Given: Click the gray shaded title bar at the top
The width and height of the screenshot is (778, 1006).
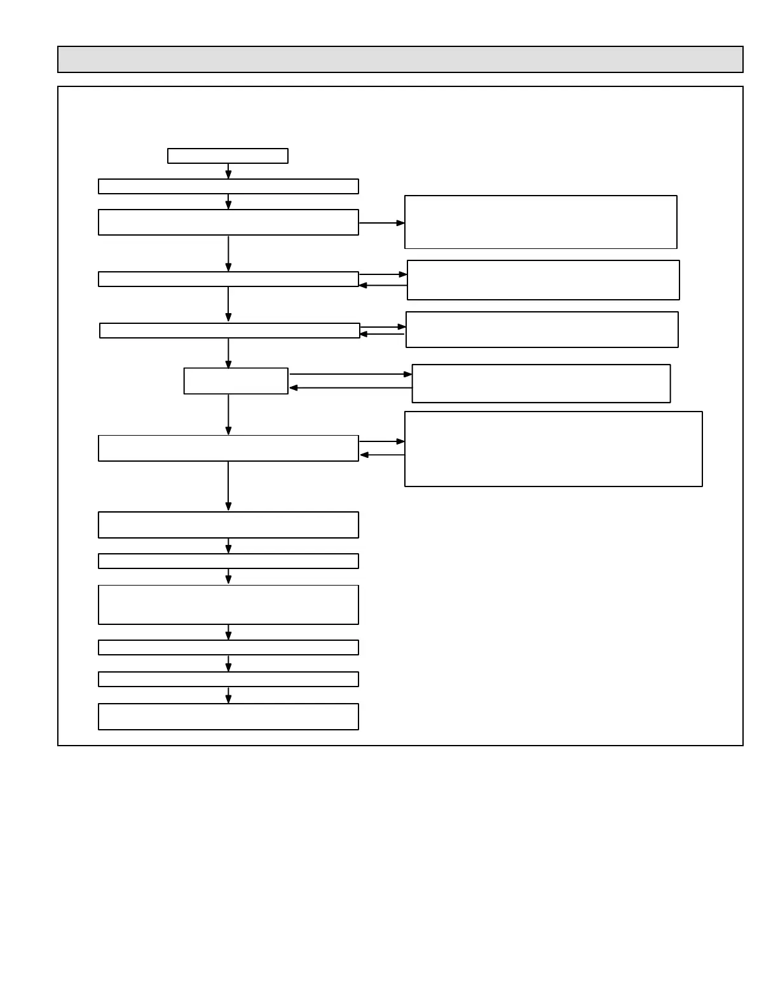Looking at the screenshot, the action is pyautogui.click(x=400, y=59).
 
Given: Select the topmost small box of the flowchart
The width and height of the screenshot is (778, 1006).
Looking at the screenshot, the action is pyautogui.click(x=228, y=156).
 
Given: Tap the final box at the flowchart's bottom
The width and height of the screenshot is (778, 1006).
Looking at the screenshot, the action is pyautogui.click(x=228, y=716).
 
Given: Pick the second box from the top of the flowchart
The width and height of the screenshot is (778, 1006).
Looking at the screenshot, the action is pyautogui.click(x=228, y=186).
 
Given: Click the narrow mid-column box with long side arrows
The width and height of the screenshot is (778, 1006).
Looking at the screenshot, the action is pyautogui.click(x=236, y=381).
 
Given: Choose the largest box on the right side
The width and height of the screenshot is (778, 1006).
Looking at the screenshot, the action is pyautogui.click(x=553, y=449).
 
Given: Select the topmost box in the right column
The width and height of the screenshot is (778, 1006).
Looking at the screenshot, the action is pyautogui.click(x=540, y=222).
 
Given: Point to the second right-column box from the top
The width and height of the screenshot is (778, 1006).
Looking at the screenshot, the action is pyautogui.click(x=543, y=280).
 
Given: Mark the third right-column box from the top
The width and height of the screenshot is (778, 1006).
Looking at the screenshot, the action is pyautogui.click(x=542, y=330).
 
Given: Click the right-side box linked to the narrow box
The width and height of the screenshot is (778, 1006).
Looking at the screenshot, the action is pyautogui.click(x=541, y=384).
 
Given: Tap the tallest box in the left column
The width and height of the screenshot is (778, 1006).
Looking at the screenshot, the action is pyautogui.click(x=228, y=605).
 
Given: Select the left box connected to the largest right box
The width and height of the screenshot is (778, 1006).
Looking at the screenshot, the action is pyautogui.click(x=228, y=448).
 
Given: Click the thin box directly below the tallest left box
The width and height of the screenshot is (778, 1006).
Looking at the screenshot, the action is pyautogui.click(x=228, y=647).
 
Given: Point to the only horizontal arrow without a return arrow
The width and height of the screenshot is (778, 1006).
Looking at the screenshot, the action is pyautogui.click(x=381, y=223).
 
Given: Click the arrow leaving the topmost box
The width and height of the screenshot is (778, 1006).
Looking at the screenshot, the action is pyautogui.click(x=228, y=171).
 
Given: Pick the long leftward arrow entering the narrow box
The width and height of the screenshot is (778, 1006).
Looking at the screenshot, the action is pyautogui.click(x=350, y=387).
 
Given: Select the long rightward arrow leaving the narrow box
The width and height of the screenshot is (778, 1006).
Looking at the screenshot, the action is pyautogui.click(x=350, y=375).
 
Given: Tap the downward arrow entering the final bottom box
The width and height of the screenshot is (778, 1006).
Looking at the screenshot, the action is pyautogui.click(x=228, y=695).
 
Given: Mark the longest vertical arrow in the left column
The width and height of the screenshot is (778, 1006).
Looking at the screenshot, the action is pyautogui.click(x=228, y=486).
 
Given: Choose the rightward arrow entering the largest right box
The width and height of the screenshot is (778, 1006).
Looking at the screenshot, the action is pyautogui.click(x=381, y=441).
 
